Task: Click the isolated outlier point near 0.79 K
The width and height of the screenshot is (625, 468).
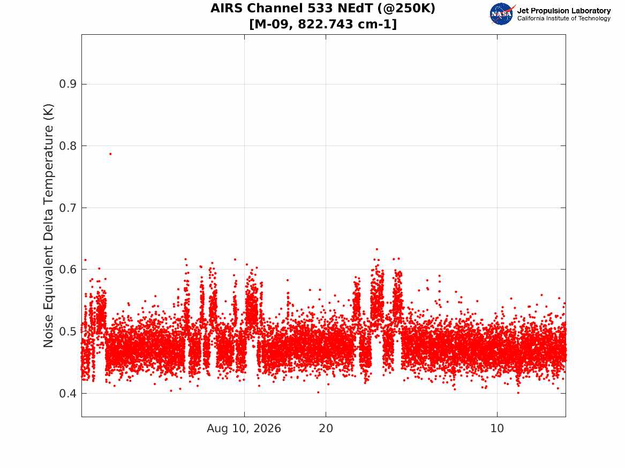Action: pyautogui.click(x=110, y=154)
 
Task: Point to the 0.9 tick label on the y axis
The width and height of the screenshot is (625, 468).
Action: pyautogui.click(x=67, y=84)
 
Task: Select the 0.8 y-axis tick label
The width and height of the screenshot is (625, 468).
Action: pyautogui.click(x=67, y=146)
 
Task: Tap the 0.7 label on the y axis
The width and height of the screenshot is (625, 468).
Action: pyautogui.click(x=67, y=208)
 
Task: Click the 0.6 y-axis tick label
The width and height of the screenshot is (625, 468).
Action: pyautogui.click(x=67, y=270)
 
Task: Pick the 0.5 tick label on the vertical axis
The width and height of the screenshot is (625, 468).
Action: pyautogui.click(x=67, y=332)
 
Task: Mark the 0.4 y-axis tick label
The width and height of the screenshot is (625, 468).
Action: pyautogui.click(x=67, y=394)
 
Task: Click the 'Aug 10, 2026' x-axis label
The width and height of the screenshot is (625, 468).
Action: pyautogui.click(x=244, y=428)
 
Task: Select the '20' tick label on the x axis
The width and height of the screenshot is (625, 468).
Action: pyautogui.click(x=326, y=428)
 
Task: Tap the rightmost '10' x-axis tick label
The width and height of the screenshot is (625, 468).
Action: pyautogui.click(x=497, y=428)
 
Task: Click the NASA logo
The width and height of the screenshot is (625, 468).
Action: pyautogui.click(x=502, y=14)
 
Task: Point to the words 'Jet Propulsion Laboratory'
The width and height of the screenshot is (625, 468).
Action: pyautogui.click(x=564, y=11)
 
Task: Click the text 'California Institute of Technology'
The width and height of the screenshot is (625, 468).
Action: pyautogui.click(x=564, y=18)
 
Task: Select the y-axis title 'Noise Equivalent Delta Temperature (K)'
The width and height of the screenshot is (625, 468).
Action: pyautogui.click(x=48, y=226)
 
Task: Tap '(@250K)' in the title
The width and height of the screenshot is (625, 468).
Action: pyautogui.click(x=406, y=9)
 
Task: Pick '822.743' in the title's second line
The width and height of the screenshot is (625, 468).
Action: pyautogui.click(x=325, y=24)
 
